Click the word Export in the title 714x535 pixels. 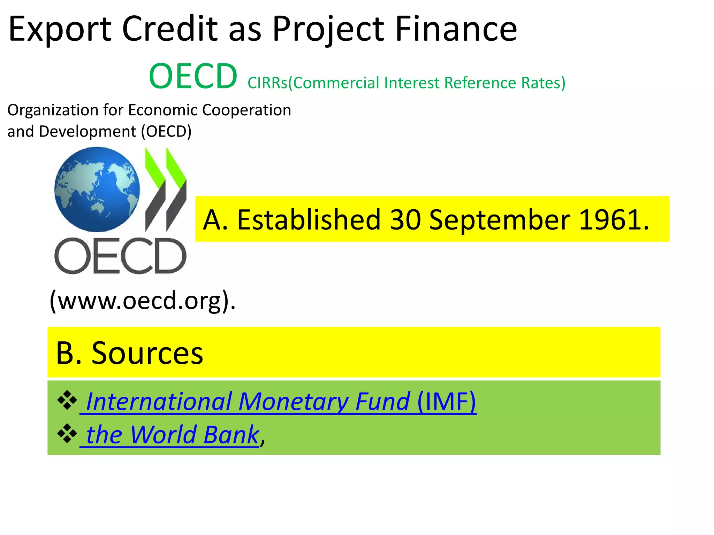[x=60, y=30]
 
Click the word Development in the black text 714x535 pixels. [x=88, y=132]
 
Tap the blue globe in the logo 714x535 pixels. [x=97, y=189]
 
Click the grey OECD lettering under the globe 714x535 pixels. [x=120, y=256]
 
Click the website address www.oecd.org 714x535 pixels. [x=142, y=300]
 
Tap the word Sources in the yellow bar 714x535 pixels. [x=147, y=353]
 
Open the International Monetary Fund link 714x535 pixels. [x=248, y=402]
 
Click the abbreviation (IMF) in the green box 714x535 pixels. [x=446, y=402]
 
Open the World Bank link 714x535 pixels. [x=172, y=435]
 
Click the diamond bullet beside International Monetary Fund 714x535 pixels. [x=67, y=401]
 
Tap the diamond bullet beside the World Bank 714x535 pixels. [x=67, y=434]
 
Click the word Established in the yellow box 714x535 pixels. [x=309, y=220]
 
